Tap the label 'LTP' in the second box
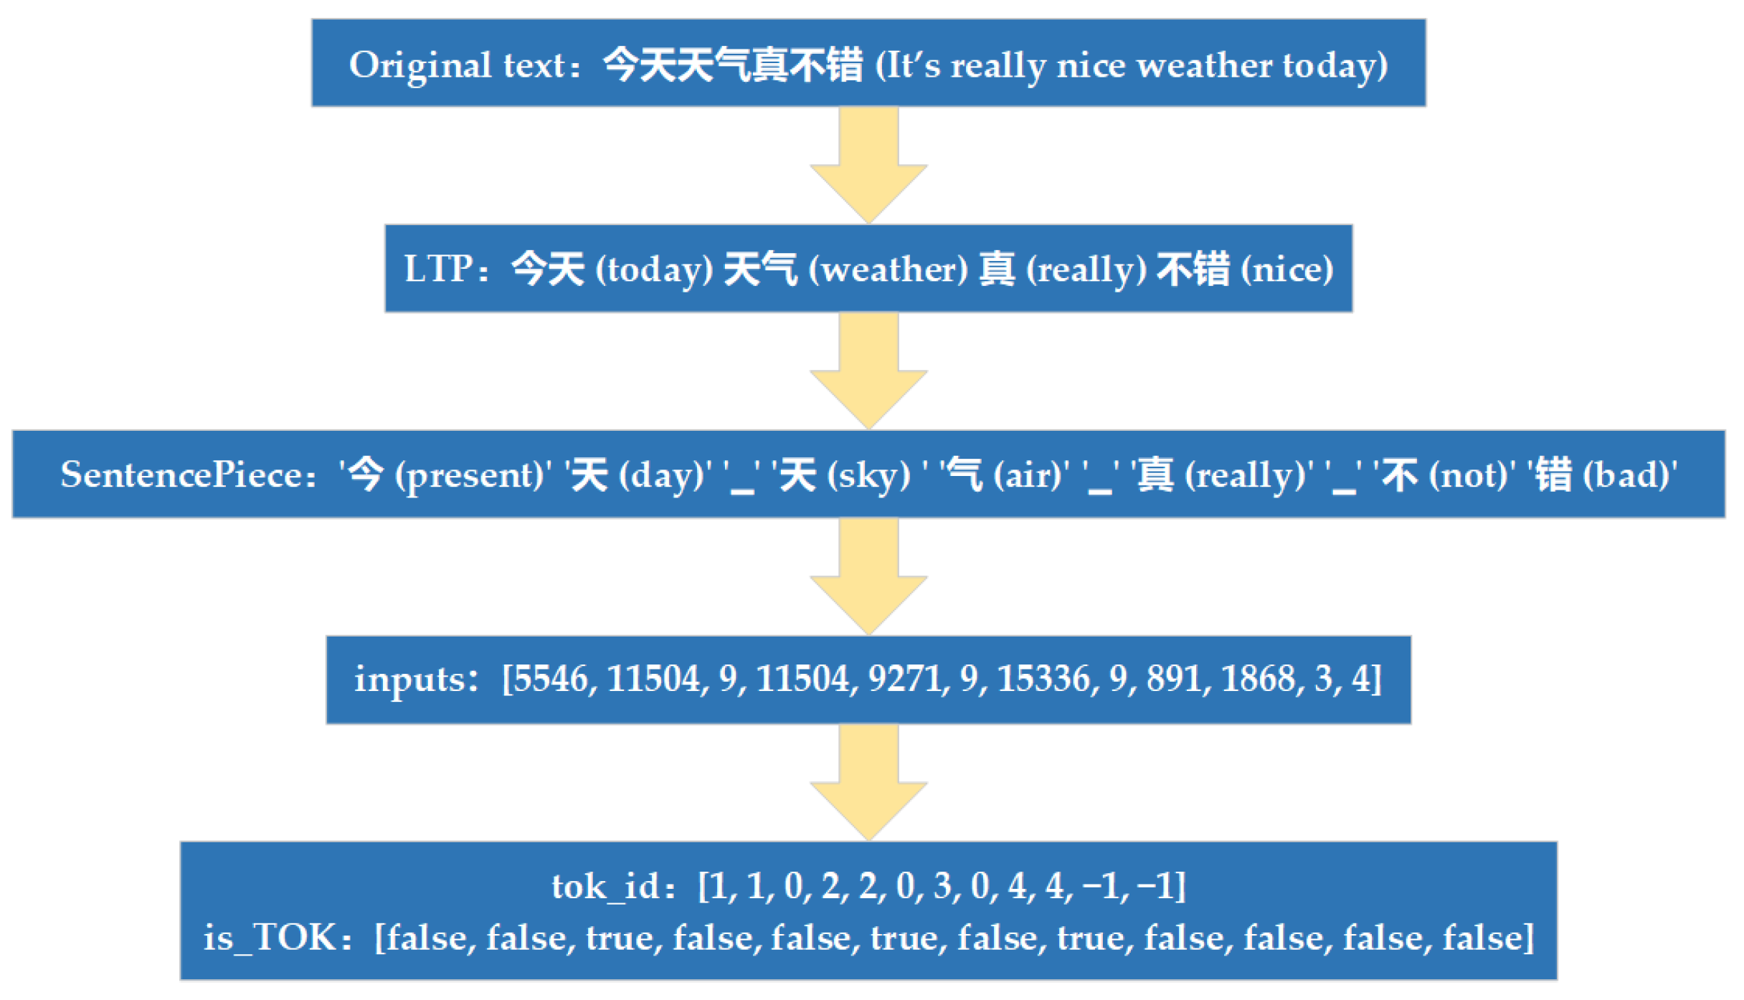437,270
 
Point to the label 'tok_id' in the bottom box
605,887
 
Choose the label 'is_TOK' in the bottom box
270,938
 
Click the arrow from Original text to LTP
868,165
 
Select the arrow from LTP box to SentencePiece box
868,371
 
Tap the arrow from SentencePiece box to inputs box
868,576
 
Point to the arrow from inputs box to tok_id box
868,782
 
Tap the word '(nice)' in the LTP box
1287,270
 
